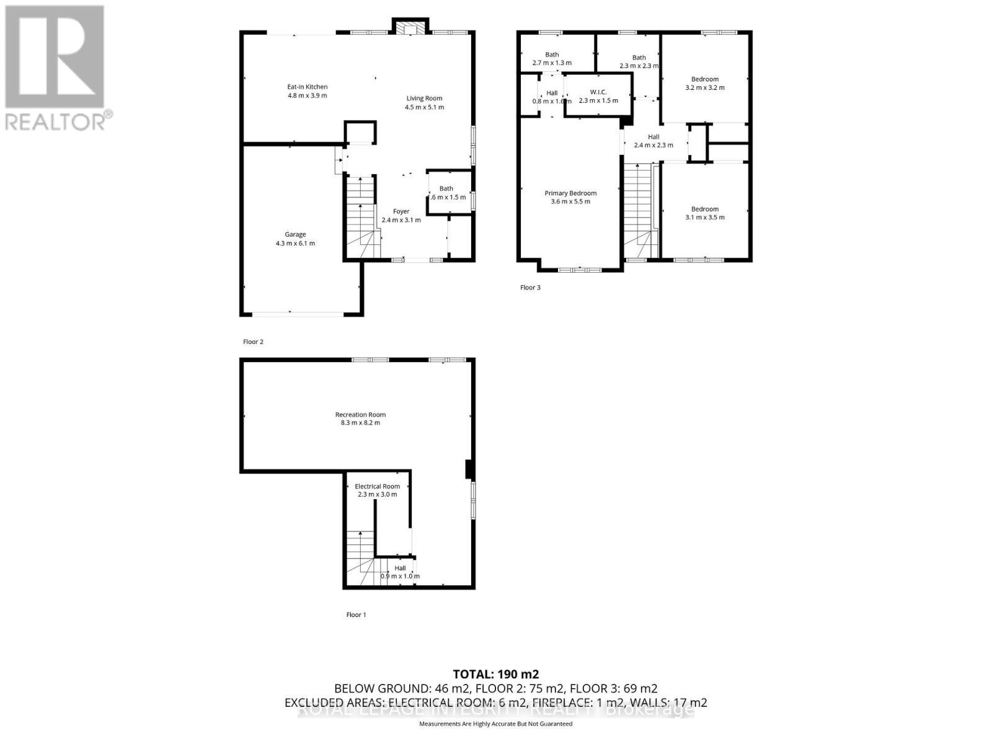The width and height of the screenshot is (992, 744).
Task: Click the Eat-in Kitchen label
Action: [x=307, y=87]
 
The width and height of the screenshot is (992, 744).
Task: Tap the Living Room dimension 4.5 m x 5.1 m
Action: [x=425, y=107]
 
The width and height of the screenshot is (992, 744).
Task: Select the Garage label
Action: [x=295, y=234]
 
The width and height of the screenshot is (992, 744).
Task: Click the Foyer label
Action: [x=401, y=211]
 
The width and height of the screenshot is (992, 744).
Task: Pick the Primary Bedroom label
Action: [x=570, y=193]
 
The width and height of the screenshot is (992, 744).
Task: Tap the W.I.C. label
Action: [x=598, y=92]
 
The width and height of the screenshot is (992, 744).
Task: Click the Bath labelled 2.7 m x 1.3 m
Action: [x=552, y=59]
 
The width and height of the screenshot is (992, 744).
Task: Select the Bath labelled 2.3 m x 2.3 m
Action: [x=639, y=61]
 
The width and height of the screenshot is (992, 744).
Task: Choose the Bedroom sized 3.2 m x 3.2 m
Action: [x=705, y=83]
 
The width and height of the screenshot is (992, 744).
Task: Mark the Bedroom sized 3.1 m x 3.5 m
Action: [x=705, y=213]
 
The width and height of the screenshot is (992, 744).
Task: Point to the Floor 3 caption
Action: [x=530, y=288]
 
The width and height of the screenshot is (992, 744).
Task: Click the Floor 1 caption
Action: [x=356, y=615]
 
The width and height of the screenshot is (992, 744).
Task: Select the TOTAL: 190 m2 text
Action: [x=495, y=674]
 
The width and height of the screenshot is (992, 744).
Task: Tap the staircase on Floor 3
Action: [x=639, y=211]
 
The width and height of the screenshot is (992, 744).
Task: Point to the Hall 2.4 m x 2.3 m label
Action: [x=653, y=141]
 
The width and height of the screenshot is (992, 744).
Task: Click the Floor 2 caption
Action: [x=253, y=342]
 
